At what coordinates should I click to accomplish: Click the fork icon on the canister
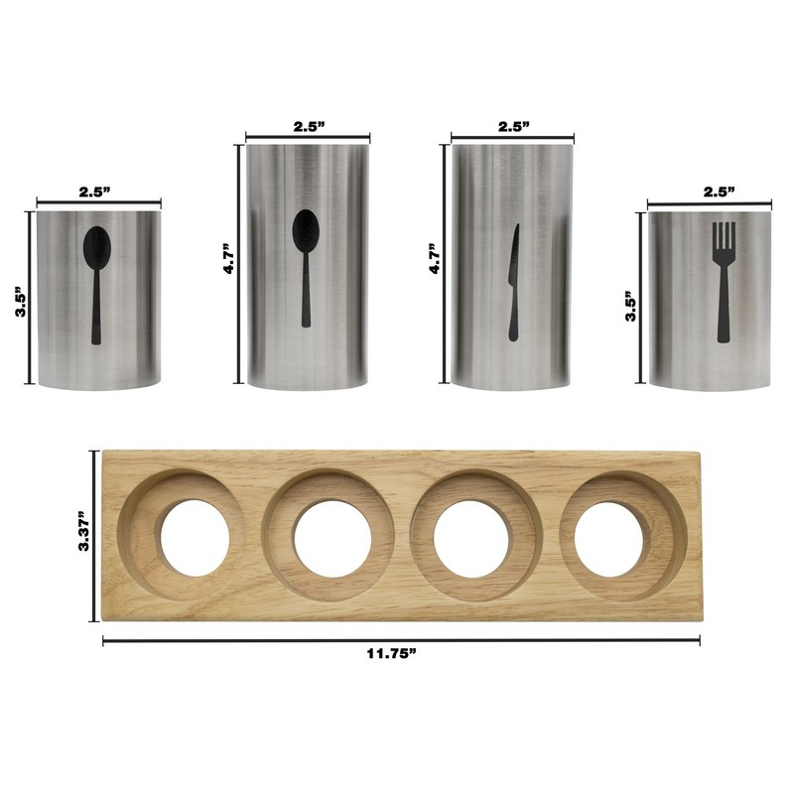click(x=724, y=282)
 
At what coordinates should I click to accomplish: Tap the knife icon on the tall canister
click(x=513, y=282)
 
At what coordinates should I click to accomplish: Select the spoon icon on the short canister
click(x=96, y=285)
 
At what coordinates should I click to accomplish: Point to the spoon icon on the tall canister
click(x=306, y=268)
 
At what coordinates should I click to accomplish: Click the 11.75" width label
click(x=391, y=654)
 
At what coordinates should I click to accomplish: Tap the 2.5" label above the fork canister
click(x=719, y=192)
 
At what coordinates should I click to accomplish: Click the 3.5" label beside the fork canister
click(x=631, y=307)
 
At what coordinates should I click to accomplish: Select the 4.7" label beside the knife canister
click(x=435, y=259)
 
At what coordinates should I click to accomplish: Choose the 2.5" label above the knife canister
click(x=513, y=127)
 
